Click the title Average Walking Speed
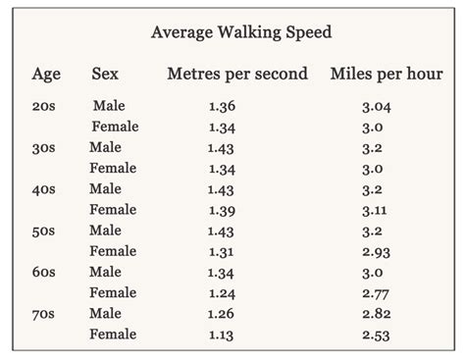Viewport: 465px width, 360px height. [241, 32]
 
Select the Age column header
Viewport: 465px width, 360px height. [46, 74]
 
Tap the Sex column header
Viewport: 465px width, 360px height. [105, 74]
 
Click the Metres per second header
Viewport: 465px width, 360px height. [237, 74]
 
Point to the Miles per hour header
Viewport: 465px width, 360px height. [387, 74]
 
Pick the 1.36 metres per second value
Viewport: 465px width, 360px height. [222, 106]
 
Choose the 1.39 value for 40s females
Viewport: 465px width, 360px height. [222, 210]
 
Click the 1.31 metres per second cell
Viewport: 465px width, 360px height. [222, 251]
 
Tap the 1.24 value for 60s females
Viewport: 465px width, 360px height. [222, 293]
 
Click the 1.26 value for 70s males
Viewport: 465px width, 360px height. [222, 314]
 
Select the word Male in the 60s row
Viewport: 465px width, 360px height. [106, 272]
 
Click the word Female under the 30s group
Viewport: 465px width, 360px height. [114, 168]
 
